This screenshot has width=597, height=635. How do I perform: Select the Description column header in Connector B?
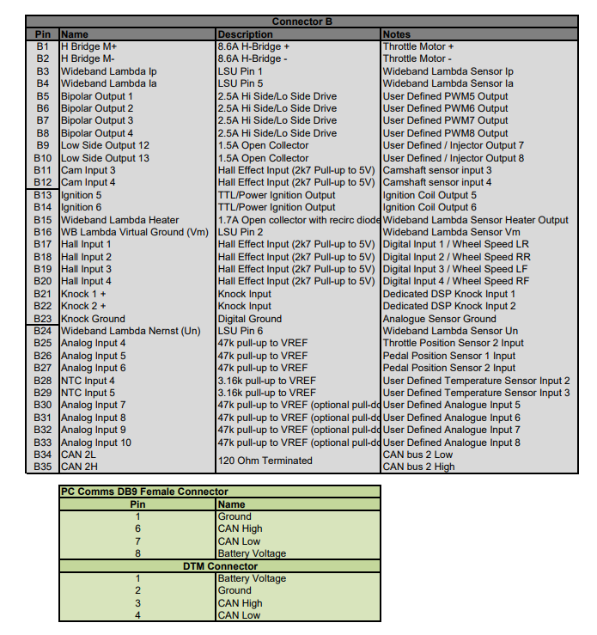pos(245,34)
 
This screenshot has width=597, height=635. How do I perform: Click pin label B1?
pos(43,46)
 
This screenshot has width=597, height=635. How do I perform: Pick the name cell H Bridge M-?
pos(88,59)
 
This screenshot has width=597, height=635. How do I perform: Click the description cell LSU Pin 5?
pos(241,83)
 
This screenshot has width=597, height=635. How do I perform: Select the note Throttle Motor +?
pos(418,46)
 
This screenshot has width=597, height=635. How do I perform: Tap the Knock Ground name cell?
pos(93,319)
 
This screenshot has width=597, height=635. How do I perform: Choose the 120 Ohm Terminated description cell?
pos(265,461)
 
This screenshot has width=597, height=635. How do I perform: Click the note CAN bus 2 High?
pos(419,467)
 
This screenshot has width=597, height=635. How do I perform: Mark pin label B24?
pos(43,331)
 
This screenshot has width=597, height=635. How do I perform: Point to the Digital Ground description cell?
pos(250,319)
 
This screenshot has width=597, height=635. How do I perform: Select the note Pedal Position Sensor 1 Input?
pos(449,356)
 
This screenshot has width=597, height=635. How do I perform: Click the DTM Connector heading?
pos(220,566)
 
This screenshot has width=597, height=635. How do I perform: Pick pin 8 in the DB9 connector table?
pos(137,553)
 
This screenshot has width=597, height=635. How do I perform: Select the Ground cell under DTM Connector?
pos(235,590)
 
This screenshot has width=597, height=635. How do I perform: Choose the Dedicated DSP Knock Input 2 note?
pos(449,306)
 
